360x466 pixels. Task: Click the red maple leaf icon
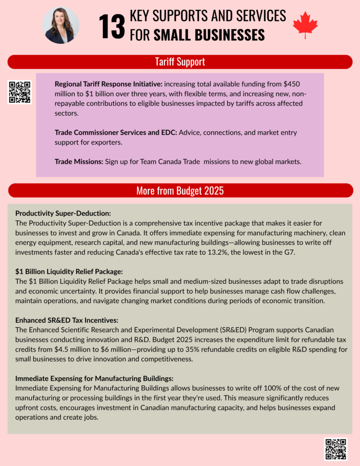click(x=305, y=25)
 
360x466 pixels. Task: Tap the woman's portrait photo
click(x=61, y=25)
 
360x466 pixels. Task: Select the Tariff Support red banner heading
click(x=180, y=62)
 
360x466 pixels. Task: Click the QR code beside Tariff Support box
click(x=19, y=92)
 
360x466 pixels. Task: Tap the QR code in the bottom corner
click(x=335, y=449)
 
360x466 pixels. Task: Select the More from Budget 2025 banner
click(x=180, y=191)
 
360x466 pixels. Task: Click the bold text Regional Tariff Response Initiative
click(x=108, y=84)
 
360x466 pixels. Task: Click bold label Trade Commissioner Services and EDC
click(x=116, y=132)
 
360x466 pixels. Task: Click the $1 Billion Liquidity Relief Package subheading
click(x=69, y=271)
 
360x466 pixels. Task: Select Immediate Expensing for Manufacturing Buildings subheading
click(x=94, y=378)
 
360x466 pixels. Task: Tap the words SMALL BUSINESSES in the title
click(x=209, y=35)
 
